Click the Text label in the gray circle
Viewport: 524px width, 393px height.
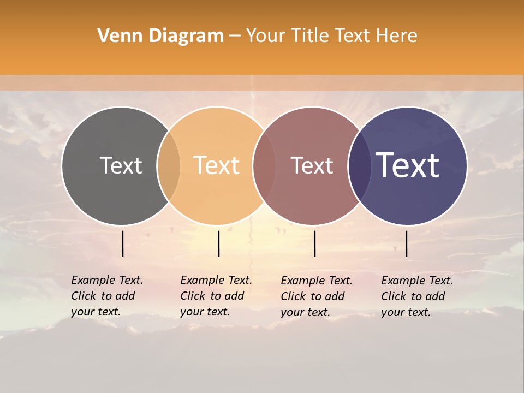[x=121, y=165]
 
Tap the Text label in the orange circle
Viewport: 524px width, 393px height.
[x=217, y=165]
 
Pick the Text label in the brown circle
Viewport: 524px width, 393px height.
[x=312, y=165]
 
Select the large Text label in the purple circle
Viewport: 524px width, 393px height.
[x=408, y=165]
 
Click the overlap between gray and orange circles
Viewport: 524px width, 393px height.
[x=169, y=166]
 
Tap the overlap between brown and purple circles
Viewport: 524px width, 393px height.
[x=360, y=166]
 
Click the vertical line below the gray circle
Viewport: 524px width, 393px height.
[x=122, y=243]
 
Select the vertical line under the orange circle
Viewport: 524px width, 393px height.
[x=218, y=243]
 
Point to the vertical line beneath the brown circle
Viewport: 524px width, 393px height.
[x=314, y=243]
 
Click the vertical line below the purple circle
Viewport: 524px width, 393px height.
[x=406, y=243]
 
